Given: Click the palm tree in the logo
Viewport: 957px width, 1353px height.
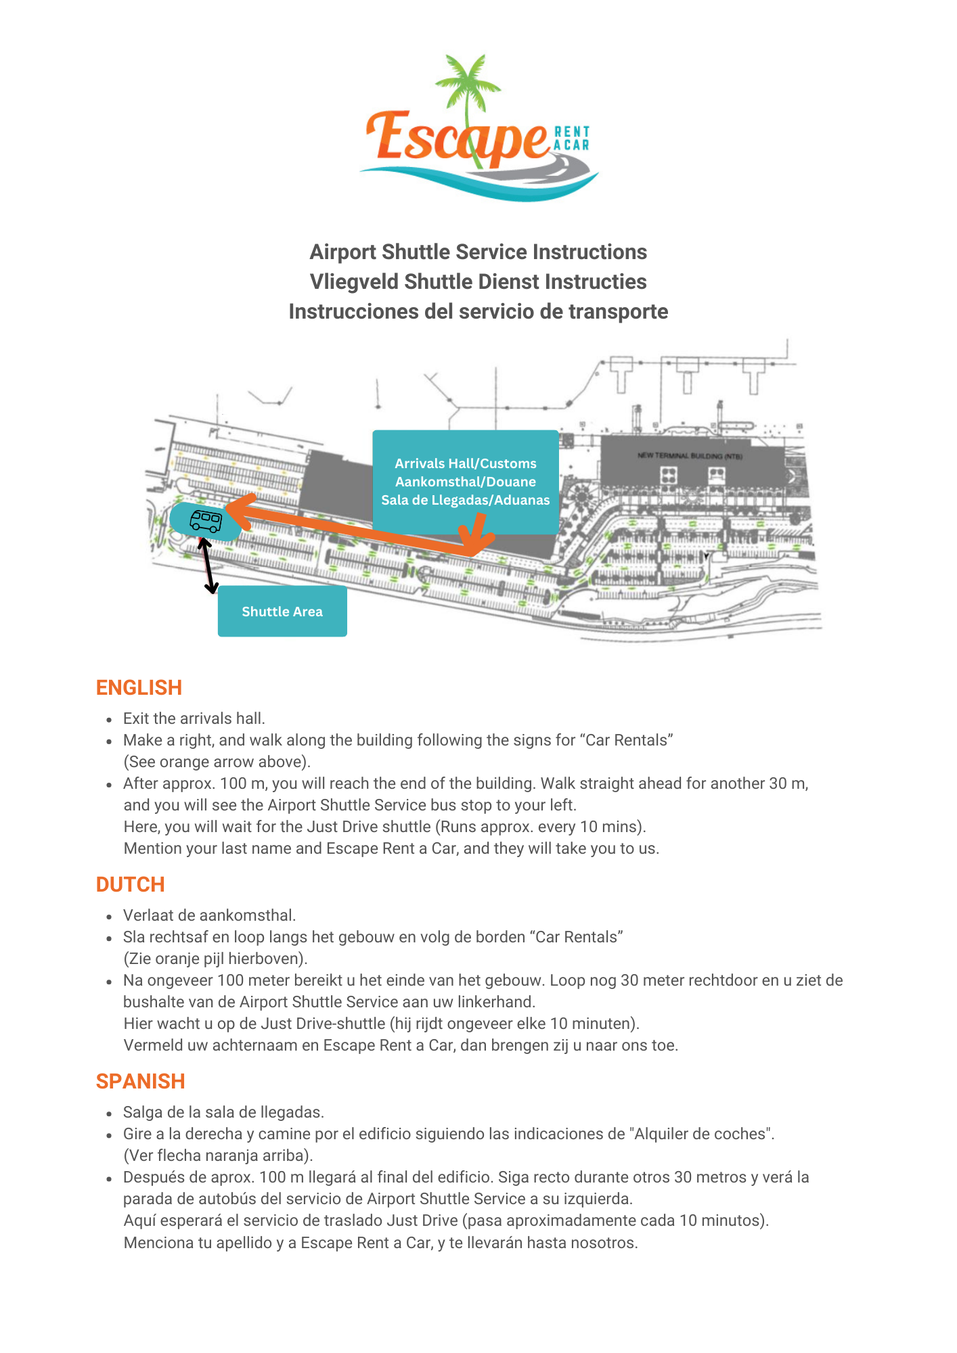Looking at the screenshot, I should tap(467, 88).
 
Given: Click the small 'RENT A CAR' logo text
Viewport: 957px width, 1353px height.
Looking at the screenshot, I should tap(572, 138).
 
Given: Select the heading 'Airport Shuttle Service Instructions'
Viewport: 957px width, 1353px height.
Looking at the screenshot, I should tap(478, 252).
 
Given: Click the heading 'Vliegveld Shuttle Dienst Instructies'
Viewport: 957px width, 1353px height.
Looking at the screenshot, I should tap(478, 281).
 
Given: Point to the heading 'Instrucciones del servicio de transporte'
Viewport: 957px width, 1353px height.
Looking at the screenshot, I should tap(478, 311).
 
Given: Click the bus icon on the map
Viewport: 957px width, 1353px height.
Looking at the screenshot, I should tap(206, 520).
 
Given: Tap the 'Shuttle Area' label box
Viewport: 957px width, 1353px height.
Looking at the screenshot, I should tap(282, 612).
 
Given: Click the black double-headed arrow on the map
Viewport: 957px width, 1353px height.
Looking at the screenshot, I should tap(208, 566).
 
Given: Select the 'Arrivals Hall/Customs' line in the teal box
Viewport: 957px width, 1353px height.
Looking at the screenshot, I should tap(466, 463).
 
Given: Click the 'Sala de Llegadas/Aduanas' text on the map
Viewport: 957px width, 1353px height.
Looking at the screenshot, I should tap(466, 500).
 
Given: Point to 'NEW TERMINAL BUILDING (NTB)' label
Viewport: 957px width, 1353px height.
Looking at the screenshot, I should tap(690, 456).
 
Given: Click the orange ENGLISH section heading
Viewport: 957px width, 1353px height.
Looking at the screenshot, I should tap(139, 687).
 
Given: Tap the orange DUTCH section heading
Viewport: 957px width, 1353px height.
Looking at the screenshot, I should tap(131, 884).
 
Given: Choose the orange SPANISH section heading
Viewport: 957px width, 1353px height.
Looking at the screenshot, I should tap(140, 1081).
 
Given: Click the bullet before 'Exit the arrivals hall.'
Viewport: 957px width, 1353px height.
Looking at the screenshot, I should tap(109, 720).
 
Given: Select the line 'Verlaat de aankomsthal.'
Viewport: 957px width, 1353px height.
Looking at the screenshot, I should tap(209, 915).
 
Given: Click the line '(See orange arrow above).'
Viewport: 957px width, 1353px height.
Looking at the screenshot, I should tap(217, 762).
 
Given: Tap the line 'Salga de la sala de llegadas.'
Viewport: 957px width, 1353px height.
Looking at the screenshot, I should tap(223, 1112).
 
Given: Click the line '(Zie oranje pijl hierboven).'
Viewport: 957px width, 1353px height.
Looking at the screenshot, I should tap(215, 959).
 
